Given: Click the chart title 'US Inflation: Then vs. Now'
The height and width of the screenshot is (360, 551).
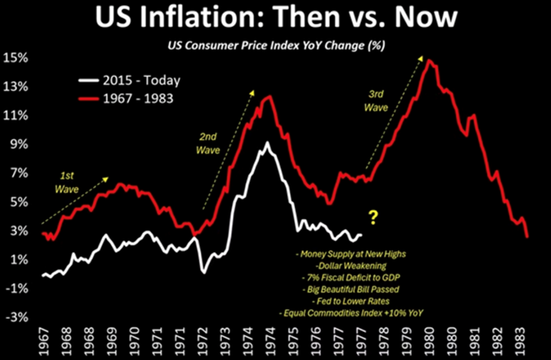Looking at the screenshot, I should pyautogui.click(x=275, y=18).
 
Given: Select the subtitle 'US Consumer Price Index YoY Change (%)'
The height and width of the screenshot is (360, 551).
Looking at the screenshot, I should pyautogui.click(x=275, y=43).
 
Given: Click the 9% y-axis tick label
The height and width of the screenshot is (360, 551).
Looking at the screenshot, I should pyautogui.click(x=19, y=144).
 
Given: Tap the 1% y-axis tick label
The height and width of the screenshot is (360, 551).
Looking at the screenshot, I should pyautogui.click(x=19, y=260).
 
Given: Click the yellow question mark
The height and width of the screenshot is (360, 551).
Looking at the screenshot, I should pyautogui.click(x=372, y=218).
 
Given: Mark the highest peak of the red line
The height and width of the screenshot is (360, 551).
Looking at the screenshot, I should pyautogui.click(x=429, y=61).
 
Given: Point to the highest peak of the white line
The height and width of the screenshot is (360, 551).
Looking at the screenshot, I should pyautogui.click(x=267, y=143).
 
